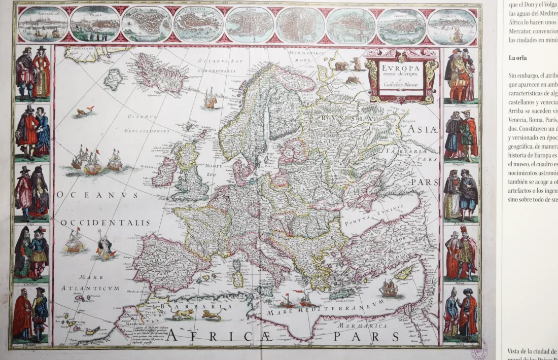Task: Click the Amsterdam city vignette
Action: click(x=43, y=24)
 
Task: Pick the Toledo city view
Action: click(x=402, y=26)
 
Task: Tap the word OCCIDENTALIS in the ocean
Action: click(x=106, y=223)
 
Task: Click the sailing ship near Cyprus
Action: click(x=389, y=289)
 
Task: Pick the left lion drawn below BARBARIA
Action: click(x=183, y=315)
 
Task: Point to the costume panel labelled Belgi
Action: click(x=31, y=193)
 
